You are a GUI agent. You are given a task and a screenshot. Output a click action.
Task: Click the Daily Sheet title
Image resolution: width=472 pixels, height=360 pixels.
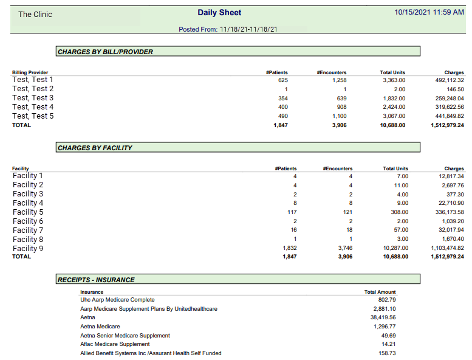(x=219, y=13)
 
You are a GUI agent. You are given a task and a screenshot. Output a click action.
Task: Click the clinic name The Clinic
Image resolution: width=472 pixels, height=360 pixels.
(x=35, y=15)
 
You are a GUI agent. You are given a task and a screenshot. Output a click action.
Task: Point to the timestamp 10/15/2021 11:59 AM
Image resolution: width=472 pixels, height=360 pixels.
(x=429, y=12)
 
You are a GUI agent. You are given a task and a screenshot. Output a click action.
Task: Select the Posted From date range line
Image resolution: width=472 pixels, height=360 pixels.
(x=228, y=29)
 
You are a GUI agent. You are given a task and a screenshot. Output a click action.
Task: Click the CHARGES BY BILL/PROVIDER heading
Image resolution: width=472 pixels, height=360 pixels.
(x=105, y=52)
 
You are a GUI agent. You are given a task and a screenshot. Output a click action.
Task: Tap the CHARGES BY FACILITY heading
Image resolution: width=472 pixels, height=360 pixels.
(x=95, y=148)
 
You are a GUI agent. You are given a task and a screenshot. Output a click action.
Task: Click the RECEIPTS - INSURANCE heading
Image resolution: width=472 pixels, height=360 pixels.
(x=96, y=280)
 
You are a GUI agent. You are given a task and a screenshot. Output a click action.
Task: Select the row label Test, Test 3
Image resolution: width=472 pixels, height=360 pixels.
(x=33, y=98)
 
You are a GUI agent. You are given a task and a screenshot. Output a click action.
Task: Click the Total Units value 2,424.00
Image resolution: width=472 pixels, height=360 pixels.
(x=394, y=107)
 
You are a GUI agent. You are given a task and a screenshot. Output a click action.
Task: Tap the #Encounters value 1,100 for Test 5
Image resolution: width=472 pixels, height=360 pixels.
(x=339, y=116)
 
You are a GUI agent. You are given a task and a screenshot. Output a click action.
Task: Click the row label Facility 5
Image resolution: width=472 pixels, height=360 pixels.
(x=28, y=212)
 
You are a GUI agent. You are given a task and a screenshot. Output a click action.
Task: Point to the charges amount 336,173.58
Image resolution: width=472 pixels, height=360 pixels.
(x=450, y=212)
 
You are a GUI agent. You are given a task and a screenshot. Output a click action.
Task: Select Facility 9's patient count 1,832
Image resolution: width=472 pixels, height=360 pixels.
(x=290, y=248)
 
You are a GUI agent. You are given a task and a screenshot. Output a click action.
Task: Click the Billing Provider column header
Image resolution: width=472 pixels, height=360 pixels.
(x=30, y=72)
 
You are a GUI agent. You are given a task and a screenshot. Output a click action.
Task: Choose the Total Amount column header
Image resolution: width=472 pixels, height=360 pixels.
(x=380, y=292)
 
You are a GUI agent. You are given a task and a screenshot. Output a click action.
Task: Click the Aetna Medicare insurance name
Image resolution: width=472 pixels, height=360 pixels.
(x=100, y=327)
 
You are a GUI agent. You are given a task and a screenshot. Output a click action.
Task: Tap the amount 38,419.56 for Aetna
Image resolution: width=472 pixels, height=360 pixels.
(x=383, y=317)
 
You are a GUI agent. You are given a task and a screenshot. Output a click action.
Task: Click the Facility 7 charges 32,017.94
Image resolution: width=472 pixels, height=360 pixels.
(x=451, y=230)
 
